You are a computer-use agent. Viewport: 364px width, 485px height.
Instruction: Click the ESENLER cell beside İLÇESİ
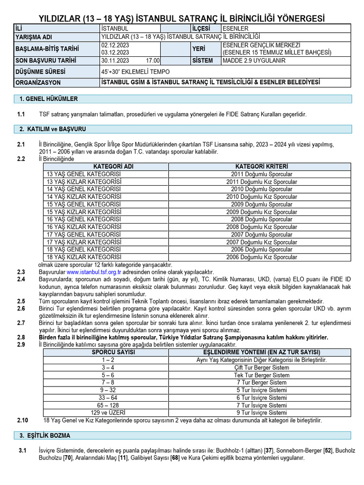point(235,28)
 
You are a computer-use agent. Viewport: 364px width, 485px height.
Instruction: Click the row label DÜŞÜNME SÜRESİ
point(41,72)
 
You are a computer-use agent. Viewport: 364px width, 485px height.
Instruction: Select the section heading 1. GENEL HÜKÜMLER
point(48,99)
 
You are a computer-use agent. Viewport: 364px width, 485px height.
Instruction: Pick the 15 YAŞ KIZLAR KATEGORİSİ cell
point(84,212)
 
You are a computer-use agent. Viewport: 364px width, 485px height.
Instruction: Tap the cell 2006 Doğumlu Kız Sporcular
point(262,258)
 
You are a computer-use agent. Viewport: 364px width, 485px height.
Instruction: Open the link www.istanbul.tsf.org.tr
point(94,272)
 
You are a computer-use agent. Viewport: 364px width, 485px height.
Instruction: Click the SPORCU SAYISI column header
point(113,352)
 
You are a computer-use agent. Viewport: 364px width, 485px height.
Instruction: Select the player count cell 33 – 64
point(108,398)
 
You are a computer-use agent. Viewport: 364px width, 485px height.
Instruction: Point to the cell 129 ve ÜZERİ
point(108,413)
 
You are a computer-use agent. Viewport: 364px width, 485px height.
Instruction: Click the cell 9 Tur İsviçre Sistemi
point(262,413)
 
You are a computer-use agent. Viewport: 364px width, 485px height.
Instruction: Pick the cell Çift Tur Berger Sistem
point(262,368)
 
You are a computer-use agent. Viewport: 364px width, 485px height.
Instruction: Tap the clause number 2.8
point(21,338)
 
